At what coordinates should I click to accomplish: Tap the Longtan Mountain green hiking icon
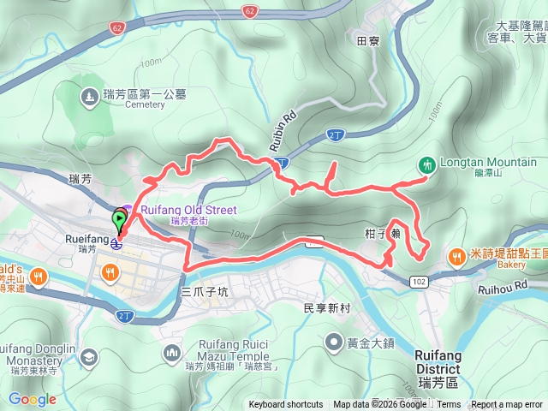[426, 163]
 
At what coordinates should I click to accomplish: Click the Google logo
[32, 399]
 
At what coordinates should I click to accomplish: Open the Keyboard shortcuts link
[286, 405]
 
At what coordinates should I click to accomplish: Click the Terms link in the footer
[449, 405]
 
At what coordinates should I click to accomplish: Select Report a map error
[508, 405]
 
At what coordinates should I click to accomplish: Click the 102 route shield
[419, 281]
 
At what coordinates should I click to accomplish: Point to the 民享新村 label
[328, 306]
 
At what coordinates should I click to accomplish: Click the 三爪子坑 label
[205, 292]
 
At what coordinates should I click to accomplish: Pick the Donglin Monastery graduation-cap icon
[88, 356]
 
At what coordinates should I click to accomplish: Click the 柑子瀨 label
[383, 232]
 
